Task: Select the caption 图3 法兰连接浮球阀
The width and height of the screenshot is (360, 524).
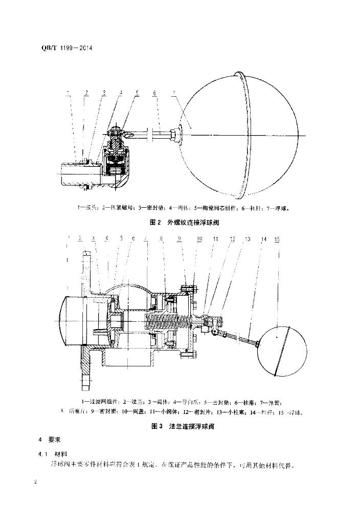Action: (x=182, y=426)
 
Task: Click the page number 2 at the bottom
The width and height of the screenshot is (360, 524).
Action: (x=35, y=483)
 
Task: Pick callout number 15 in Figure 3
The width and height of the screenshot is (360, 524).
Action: (x=277, y=239)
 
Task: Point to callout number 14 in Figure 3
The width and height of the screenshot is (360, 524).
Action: (x=264, y=239)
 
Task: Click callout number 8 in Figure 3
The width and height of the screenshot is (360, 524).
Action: (x=161, y=239)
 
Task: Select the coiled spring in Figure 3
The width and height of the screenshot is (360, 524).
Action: (x=169, y=323)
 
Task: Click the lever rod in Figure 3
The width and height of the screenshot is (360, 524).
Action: (x=240, y=339)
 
